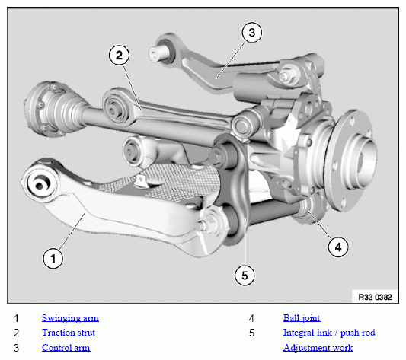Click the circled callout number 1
pyautogui.click(x=53, y=258)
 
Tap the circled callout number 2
pyautogui.click(x=119, y=55)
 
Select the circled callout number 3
pyautogui.click(x=251, y=33)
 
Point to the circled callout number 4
pyautogui.click(x=338, y=247)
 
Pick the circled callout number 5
pyautogui.click(x=245, y=275)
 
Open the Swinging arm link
pyautogui.click(x=70, y=318)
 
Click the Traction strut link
pyautogui.click(x=69, y=333)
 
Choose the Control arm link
pyautogui.click(x=66, y=348)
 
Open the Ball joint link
pyautogui.click(x=302, y=318)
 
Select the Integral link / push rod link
pyautogui.click(x=329, y=333)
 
